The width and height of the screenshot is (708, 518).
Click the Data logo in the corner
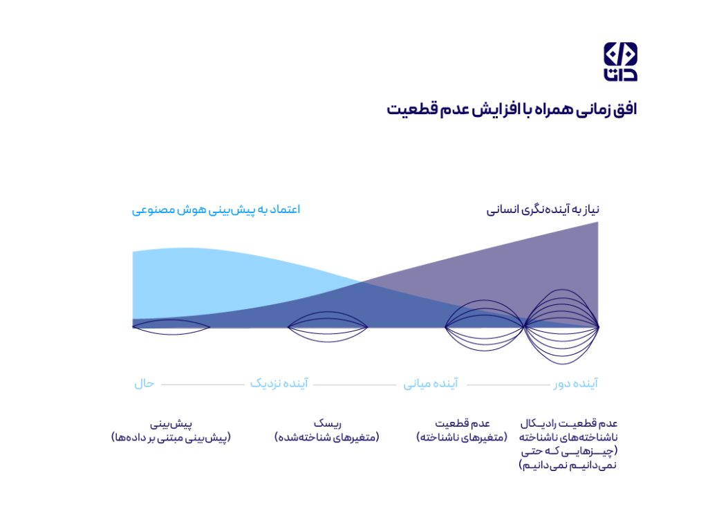(x=620, y=62)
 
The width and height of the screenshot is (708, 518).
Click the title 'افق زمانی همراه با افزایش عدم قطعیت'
(x=512, y=110)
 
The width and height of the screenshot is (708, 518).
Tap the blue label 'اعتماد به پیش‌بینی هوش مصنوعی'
(x=216, y=210)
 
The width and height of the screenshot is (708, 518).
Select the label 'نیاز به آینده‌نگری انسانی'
(x=543, y=210)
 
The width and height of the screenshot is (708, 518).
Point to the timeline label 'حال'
(x=145, y=384)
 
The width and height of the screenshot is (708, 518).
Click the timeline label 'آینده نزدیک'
(x=279, y=384)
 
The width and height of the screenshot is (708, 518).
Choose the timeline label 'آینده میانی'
(x=431, y=384)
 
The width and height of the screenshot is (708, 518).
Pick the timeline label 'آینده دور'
(x=576, y=384)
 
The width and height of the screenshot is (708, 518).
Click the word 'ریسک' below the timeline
(x=327, y=424)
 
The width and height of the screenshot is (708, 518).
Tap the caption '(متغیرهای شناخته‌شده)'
(x=327, y=438)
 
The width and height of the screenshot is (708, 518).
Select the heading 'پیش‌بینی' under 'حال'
(x=171, y=424)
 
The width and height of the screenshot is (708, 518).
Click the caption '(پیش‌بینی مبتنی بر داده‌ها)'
(x=171, y=438)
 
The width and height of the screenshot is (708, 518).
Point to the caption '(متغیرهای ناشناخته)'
(x=462, y=438)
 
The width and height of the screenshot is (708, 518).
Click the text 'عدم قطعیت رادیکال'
(x=569, y=424)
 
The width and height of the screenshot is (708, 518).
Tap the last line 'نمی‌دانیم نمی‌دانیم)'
(x=568, y=465)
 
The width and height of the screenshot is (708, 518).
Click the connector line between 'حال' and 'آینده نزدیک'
(x=203, y=385)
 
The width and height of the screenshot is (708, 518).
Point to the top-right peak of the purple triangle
(x=598, y=222)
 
